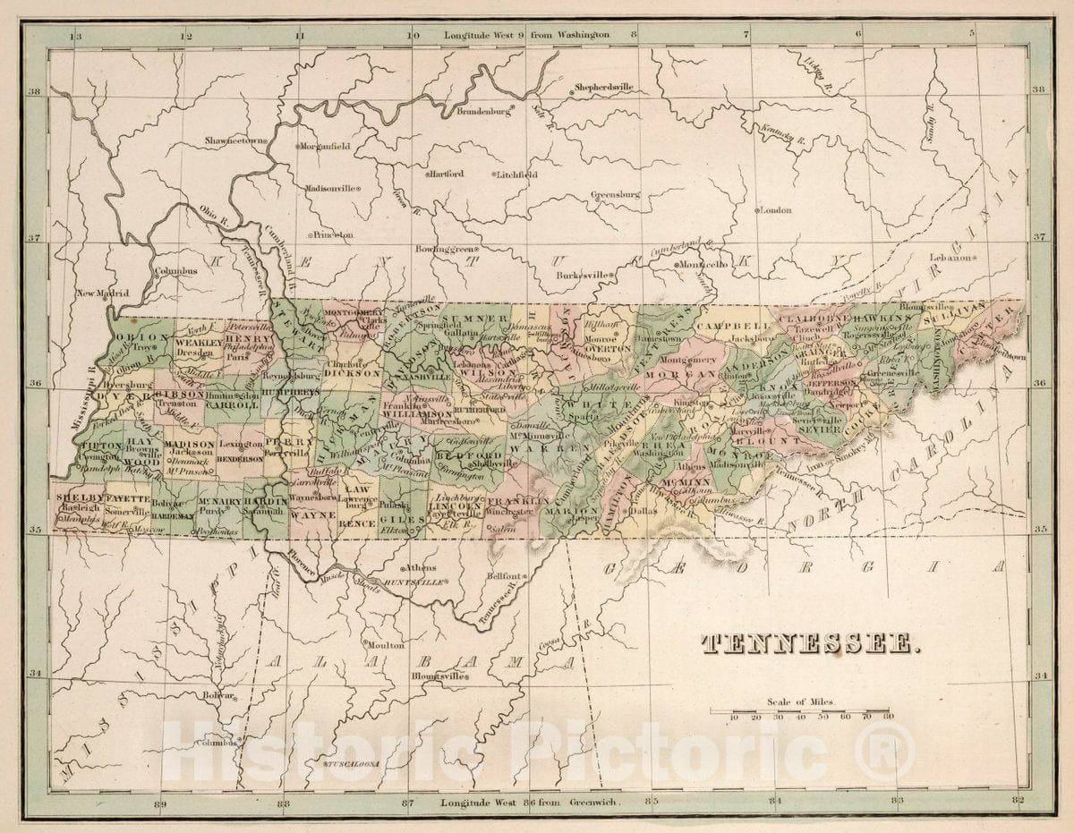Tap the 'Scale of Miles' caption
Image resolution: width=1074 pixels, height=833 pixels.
pos(799,702)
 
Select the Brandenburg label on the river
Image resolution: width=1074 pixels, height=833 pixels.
pos(483,112)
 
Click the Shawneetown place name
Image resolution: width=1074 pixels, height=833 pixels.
pos(236,141)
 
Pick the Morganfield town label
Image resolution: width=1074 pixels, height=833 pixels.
pos(328,145)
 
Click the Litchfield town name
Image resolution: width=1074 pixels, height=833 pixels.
pos(517,174)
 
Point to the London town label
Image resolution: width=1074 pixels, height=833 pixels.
pos(775,210)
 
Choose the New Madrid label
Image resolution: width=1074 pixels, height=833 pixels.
pos(101,293)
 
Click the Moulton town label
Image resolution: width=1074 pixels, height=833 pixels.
pos(387,644)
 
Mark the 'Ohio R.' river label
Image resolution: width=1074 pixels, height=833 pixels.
pos(211,215)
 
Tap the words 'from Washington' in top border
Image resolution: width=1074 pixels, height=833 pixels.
pos(569,35)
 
